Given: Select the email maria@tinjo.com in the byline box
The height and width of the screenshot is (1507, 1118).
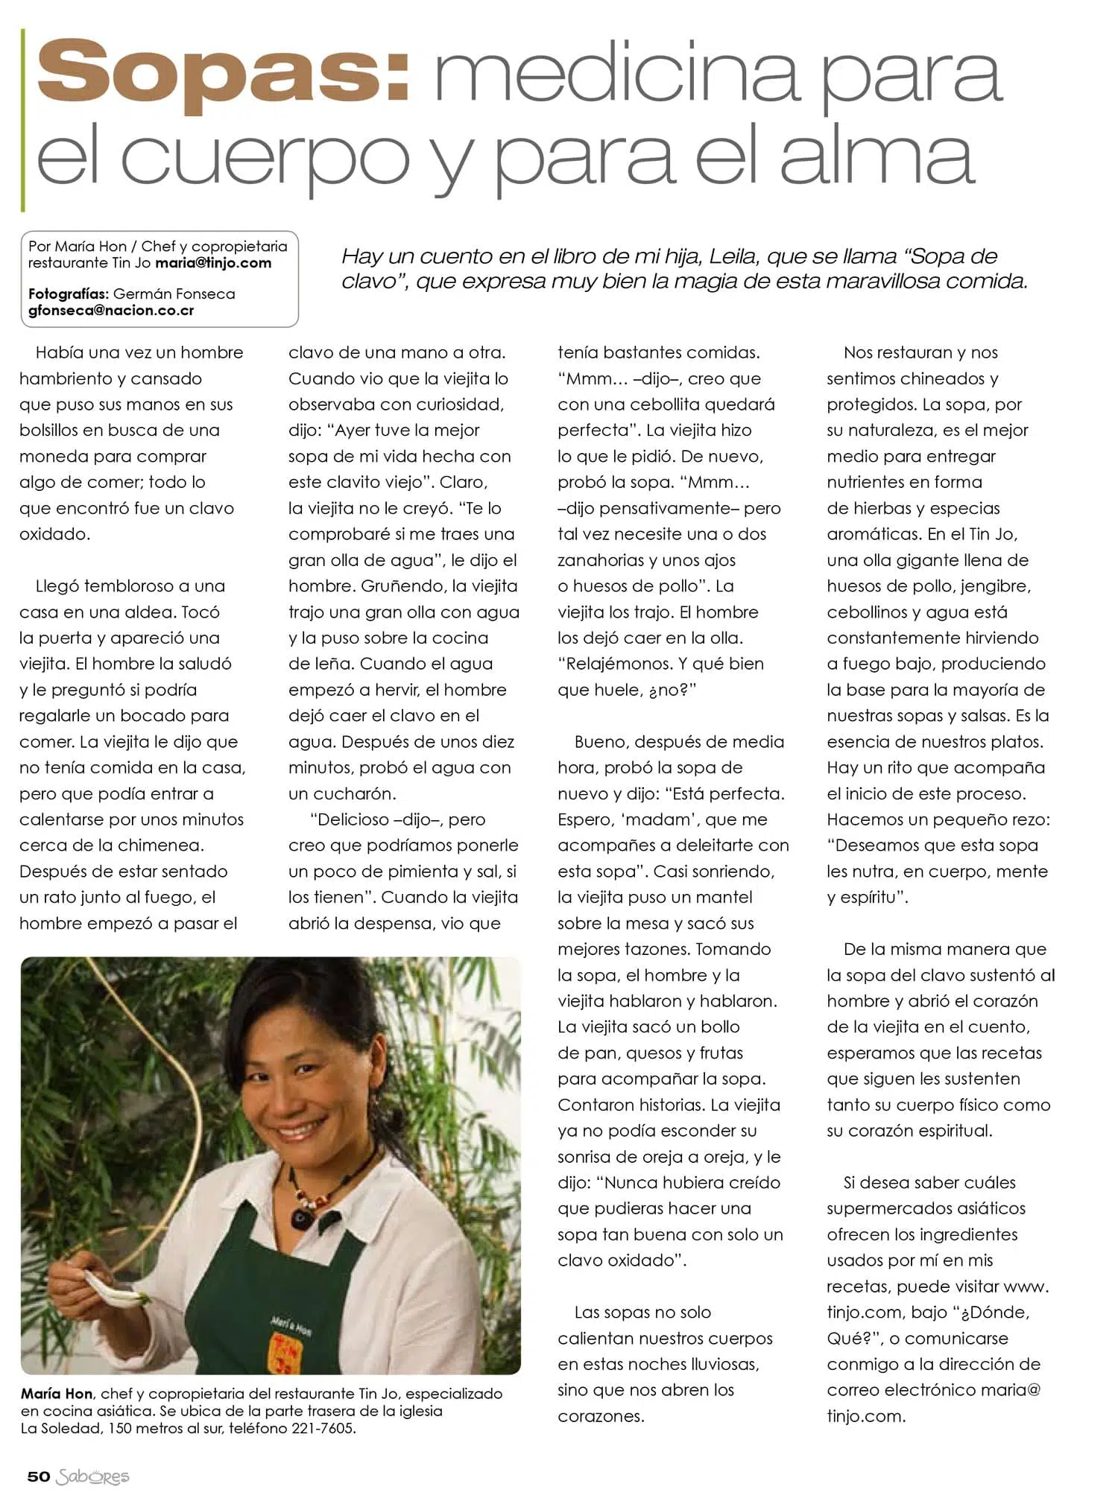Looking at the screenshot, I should tap(213, 263).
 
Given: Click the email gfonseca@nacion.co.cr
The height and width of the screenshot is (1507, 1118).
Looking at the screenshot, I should tap(111, 311).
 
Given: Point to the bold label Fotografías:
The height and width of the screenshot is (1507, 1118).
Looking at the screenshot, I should tap(69, 294).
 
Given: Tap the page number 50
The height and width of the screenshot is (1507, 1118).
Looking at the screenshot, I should tap(38, 1476).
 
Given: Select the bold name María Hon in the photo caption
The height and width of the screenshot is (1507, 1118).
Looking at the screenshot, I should tap(57, 1393).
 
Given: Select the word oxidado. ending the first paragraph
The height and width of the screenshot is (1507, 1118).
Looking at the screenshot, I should tap(54, 534).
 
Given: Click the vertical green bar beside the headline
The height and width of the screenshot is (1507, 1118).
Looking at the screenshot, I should tap(23, 119).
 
